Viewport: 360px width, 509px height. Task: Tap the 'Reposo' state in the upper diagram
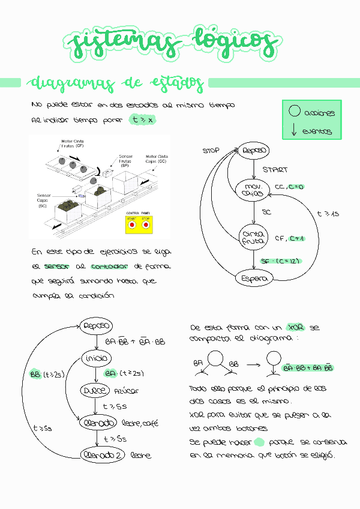coord(253,150)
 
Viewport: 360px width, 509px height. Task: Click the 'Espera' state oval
coord(254,278)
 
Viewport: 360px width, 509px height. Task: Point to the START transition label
coord(274,170)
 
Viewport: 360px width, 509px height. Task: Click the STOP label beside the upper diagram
coord(211,151)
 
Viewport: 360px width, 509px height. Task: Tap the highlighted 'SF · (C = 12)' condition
coord(281,261)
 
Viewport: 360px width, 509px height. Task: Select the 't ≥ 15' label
coord(328,214)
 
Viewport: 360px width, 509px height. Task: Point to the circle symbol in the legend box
coord(294,112)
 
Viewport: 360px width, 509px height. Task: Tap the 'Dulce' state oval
coord(95,390)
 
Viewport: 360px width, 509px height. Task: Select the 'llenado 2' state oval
coord(101,455)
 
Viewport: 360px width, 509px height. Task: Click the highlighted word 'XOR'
coord(296,328)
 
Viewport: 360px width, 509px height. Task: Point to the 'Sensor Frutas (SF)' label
coord(127,160)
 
